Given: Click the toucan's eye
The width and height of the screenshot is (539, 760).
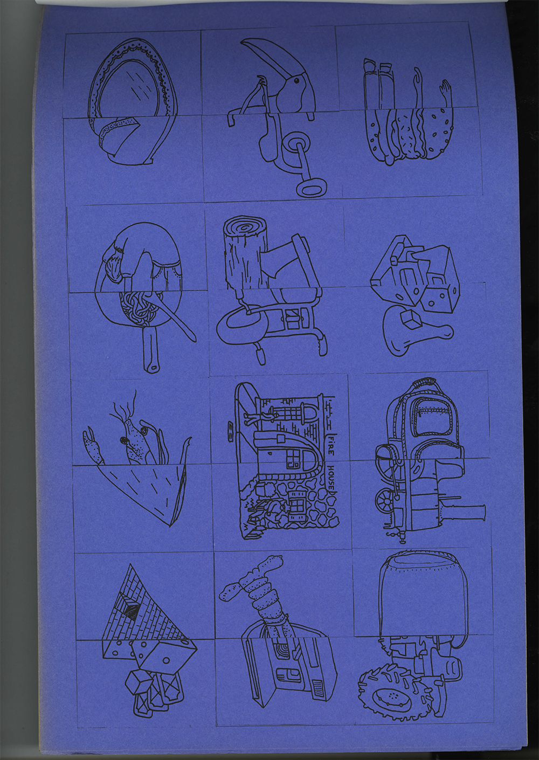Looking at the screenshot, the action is pyautogui.click(x=296, y=81).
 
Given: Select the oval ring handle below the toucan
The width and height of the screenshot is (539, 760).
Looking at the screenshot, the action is pyautogui.click(x=312, y=186).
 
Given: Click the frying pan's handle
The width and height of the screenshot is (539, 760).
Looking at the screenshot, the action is pyautogui.click(x=149, y=348).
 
